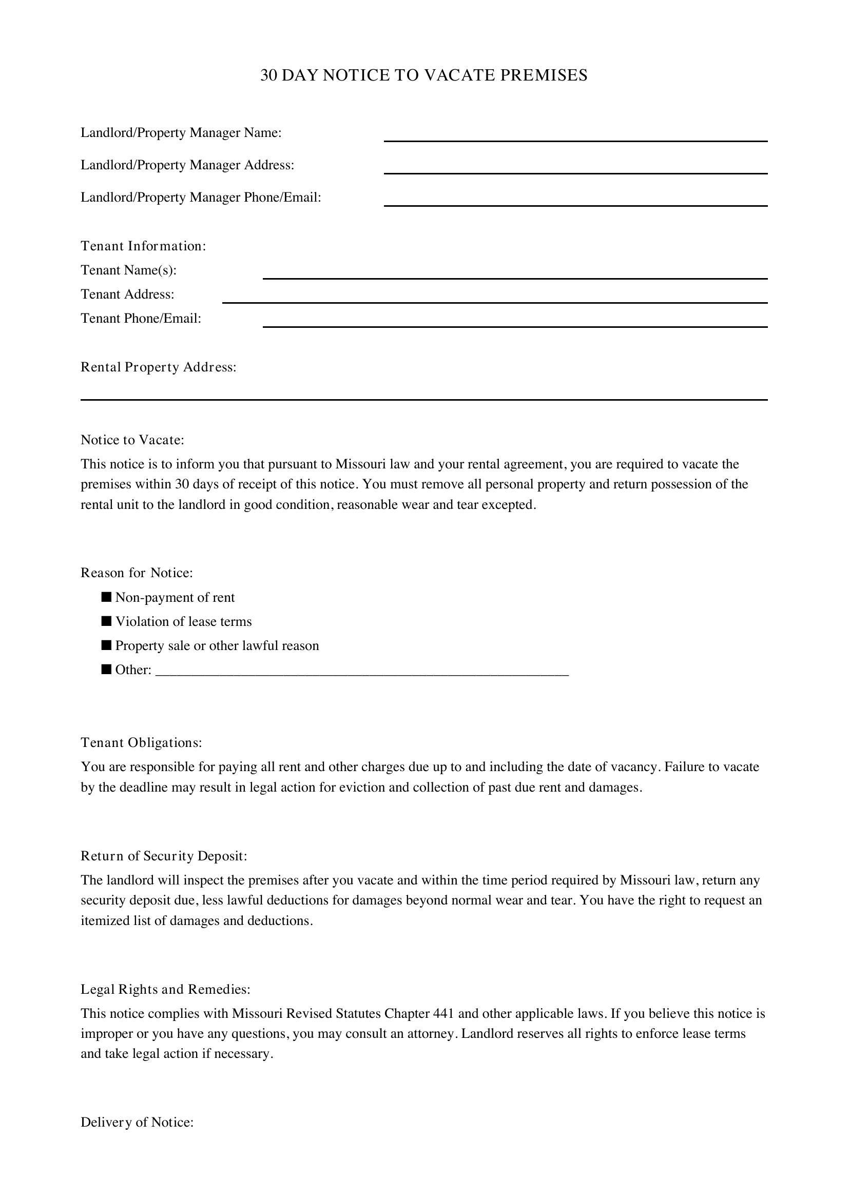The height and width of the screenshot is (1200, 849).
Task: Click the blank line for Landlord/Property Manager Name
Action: (x=575, y=137)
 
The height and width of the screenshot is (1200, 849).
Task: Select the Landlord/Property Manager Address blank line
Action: (x=575, y=169)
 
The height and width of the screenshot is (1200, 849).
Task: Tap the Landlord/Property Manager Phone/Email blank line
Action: (x=575, y=202)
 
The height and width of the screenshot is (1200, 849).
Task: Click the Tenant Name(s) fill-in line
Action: (x=514, y=274)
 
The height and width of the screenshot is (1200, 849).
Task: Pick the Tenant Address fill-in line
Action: (x=494, y=299)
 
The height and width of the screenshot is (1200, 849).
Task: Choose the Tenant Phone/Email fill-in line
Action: (x=514, y=323)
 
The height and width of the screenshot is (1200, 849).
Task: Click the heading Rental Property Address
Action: (x=159, y=367)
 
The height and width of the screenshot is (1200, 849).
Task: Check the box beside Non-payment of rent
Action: (x=107, y=597)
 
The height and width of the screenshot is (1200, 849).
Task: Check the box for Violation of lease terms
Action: (x=107, y=621)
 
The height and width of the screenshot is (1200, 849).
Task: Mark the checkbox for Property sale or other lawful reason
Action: (x=107, y=645)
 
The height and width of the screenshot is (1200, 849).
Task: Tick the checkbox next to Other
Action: (x=107, y=669)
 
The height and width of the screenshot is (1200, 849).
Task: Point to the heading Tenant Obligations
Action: (x=141, y=743)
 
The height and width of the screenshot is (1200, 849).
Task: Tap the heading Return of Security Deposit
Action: (x=164, y=856)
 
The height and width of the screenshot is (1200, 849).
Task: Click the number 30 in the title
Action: (x=268, y=75)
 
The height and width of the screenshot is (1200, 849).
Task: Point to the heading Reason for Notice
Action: (x=137, y=573)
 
